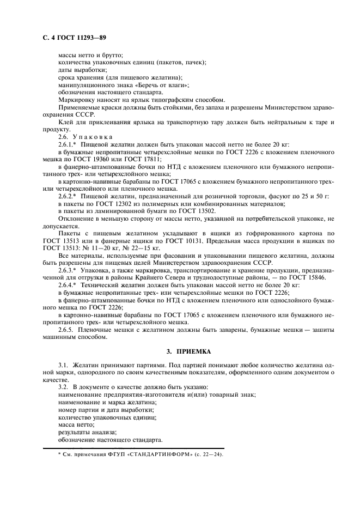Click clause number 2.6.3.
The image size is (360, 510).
point(66,269)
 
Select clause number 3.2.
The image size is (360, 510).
point(63,386)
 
